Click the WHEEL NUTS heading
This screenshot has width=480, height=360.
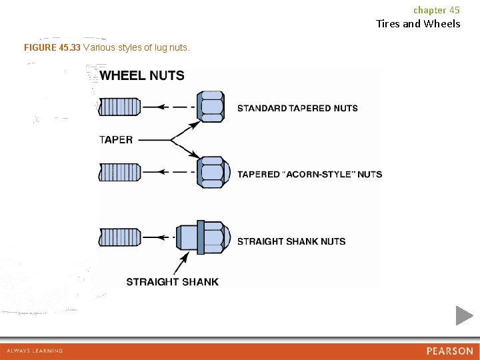coord(142,75)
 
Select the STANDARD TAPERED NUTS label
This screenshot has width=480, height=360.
coord(297,108)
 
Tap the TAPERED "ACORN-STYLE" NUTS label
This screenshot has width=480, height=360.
coord(309,174)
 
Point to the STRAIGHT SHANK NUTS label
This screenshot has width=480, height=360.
coord(291,241)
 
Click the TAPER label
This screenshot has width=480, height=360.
coord(116,140)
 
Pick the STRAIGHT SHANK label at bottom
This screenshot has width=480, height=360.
coord(172,281)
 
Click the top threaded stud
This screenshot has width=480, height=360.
coord(119,107)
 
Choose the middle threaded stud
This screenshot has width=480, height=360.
coord(119,172)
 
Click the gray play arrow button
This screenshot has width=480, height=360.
coord(464,315)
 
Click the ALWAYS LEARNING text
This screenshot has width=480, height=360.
coord(35,351)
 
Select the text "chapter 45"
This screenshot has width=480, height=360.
coord(436,10)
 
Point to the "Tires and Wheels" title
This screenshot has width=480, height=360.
coord(418,24)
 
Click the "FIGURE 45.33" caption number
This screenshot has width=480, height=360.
coord(52,48)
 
